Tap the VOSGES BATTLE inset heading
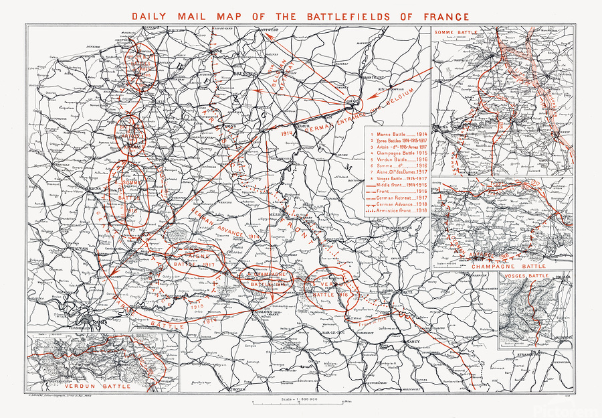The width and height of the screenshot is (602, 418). (528, 275)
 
